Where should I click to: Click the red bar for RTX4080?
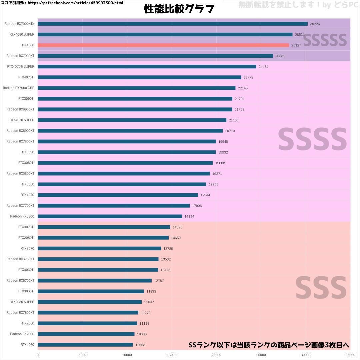click(x=163, y=45)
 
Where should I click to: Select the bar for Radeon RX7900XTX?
click(x=173, y=24)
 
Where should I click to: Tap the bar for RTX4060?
click(x=85, y=345)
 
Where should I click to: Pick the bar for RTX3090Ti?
click(x=135, y=99)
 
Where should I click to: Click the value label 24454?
click(x=263, y=67)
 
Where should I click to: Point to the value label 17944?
click(x=205, y=195)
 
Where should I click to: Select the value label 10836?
click(x=142, y=334)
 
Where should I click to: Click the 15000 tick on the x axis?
click(x=172, y=355)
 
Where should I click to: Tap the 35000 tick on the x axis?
click(x=350, y=355)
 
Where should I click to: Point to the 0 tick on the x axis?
click(x=38, y=355)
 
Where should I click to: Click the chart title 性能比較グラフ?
click(x=179, y=9)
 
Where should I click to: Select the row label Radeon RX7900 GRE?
click(x=19, y=88)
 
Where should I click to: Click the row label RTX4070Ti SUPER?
click(x=21, y=66)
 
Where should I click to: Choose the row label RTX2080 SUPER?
click(x=22, y=302)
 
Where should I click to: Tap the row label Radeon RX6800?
click(x=22, y=216)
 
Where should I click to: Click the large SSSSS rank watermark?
click(x=325, y=40)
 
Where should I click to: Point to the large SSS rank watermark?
click(x=321, y=288)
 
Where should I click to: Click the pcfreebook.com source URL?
click(x=75, y=3)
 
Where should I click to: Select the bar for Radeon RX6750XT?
click(x=98, y=259)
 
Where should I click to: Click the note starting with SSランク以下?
click(x=269, y=345)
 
